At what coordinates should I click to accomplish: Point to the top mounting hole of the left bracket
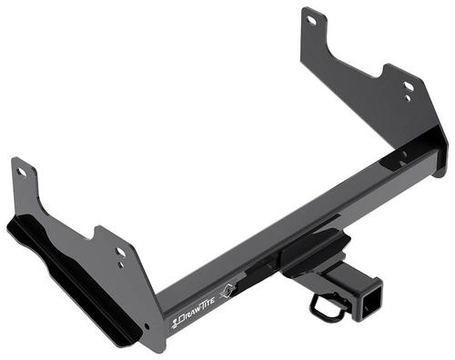point(22,173)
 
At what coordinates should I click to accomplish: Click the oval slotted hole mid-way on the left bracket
point(121,252)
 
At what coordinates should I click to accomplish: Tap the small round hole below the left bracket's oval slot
point(121,265)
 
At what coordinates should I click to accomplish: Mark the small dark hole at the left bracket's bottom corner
point(147,326)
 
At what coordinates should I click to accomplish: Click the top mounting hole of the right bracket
point(312,20)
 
